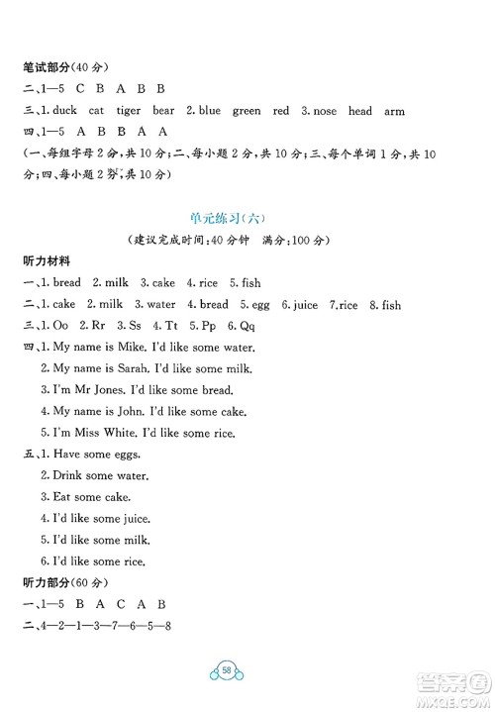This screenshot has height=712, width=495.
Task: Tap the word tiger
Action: tap(144, 111)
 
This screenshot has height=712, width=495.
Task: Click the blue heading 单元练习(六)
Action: tap(247, 218)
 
